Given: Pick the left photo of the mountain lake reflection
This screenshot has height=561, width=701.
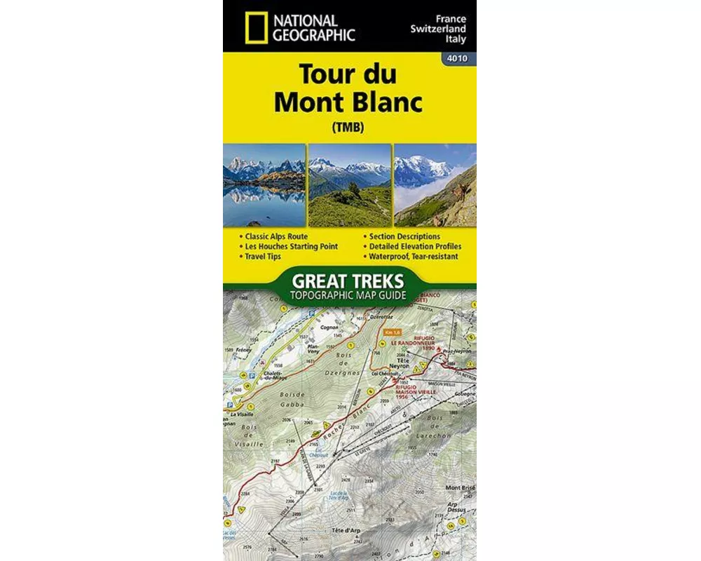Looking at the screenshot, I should point(264,185).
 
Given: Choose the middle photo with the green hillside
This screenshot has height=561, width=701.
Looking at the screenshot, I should point(349,185).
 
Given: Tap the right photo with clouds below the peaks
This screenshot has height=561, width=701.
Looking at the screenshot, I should point(435,185).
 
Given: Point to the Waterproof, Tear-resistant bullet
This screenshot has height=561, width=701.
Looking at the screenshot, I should point(414,257).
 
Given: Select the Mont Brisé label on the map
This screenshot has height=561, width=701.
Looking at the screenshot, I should point(461,488).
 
